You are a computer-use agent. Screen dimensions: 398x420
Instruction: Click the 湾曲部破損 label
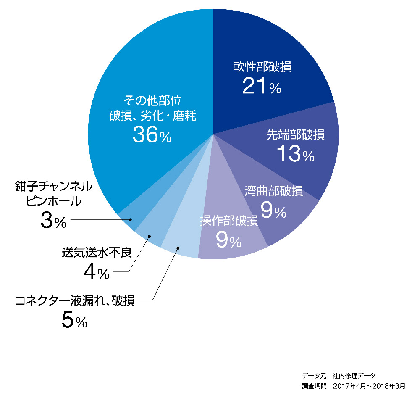(274, 191)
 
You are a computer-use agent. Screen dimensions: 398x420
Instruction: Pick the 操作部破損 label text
(228, 221)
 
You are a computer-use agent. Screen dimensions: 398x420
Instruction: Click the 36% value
(152, 135)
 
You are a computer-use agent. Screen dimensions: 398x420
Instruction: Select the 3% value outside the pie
(53, 221)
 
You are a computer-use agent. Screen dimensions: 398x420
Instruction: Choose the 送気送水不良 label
(97, 253)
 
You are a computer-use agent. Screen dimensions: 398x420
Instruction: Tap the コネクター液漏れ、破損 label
(75, 301)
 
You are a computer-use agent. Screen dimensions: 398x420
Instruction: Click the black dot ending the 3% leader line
(131, 219)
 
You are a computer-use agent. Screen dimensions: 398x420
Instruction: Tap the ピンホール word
(53, 201)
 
